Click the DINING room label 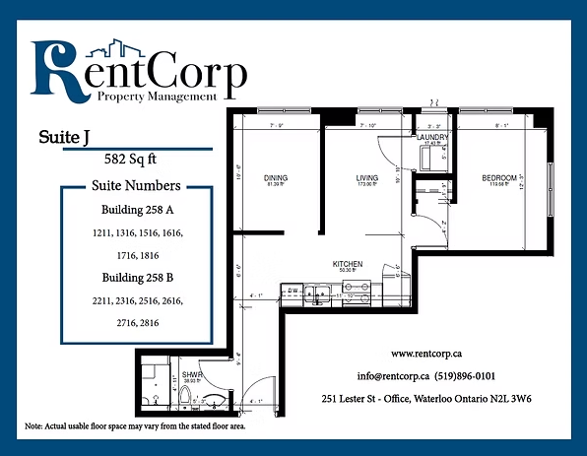(276, 178)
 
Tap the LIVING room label (367, 178)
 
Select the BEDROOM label (498, 178)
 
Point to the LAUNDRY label (432, 137)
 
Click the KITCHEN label (348, 264)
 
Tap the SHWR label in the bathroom (191, 374)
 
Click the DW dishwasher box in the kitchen (293, 291)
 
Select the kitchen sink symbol (319, 292)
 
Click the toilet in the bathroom (184, 396)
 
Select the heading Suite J (60, 136)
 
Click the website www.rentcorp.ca (428, 353)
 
